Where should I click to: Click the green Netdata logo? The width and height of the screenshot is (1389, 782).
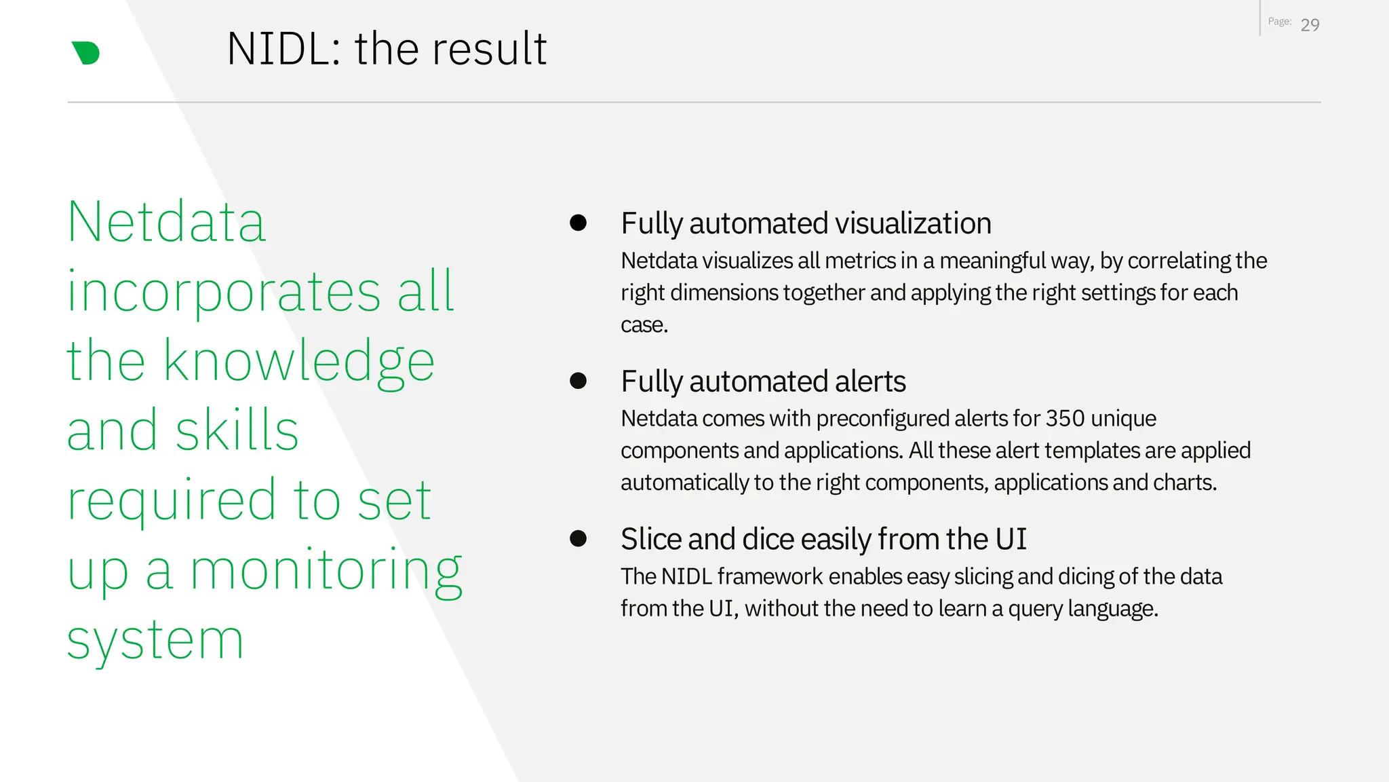click(x=86, y=53)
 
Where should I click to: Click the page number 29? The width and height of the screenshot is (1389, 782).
click(x=1310, y=25)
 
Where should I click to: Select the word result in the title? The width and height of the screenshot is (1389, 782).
click(x=497, y=50)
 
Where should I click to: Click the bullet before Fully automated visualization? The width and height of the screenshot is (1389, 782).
click(x=578, y=223)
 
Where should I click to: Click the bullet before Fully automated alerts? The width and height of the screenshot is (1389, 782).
click(x=578, y=381)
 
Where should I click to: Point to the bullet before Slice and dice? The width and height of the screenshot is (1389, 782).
click(x=578, y=539)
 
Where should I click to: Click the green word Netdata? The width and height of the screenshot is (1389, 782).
click(x=166, y=222)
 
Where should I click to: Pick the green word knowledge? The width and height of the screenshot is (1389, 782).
click(x=298, y=362)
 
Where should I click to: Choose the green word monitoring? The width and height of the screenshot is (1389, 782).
click(x=326, y=570)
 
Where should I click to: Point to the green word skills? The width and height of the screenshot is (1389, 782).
click(x=237, y=430)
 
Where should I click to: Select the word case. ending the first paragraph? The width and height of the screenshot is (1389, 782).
click(x=644, y=325)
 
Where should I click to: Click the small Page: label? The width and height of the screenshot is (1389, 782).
click(x=1279, y=22)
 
